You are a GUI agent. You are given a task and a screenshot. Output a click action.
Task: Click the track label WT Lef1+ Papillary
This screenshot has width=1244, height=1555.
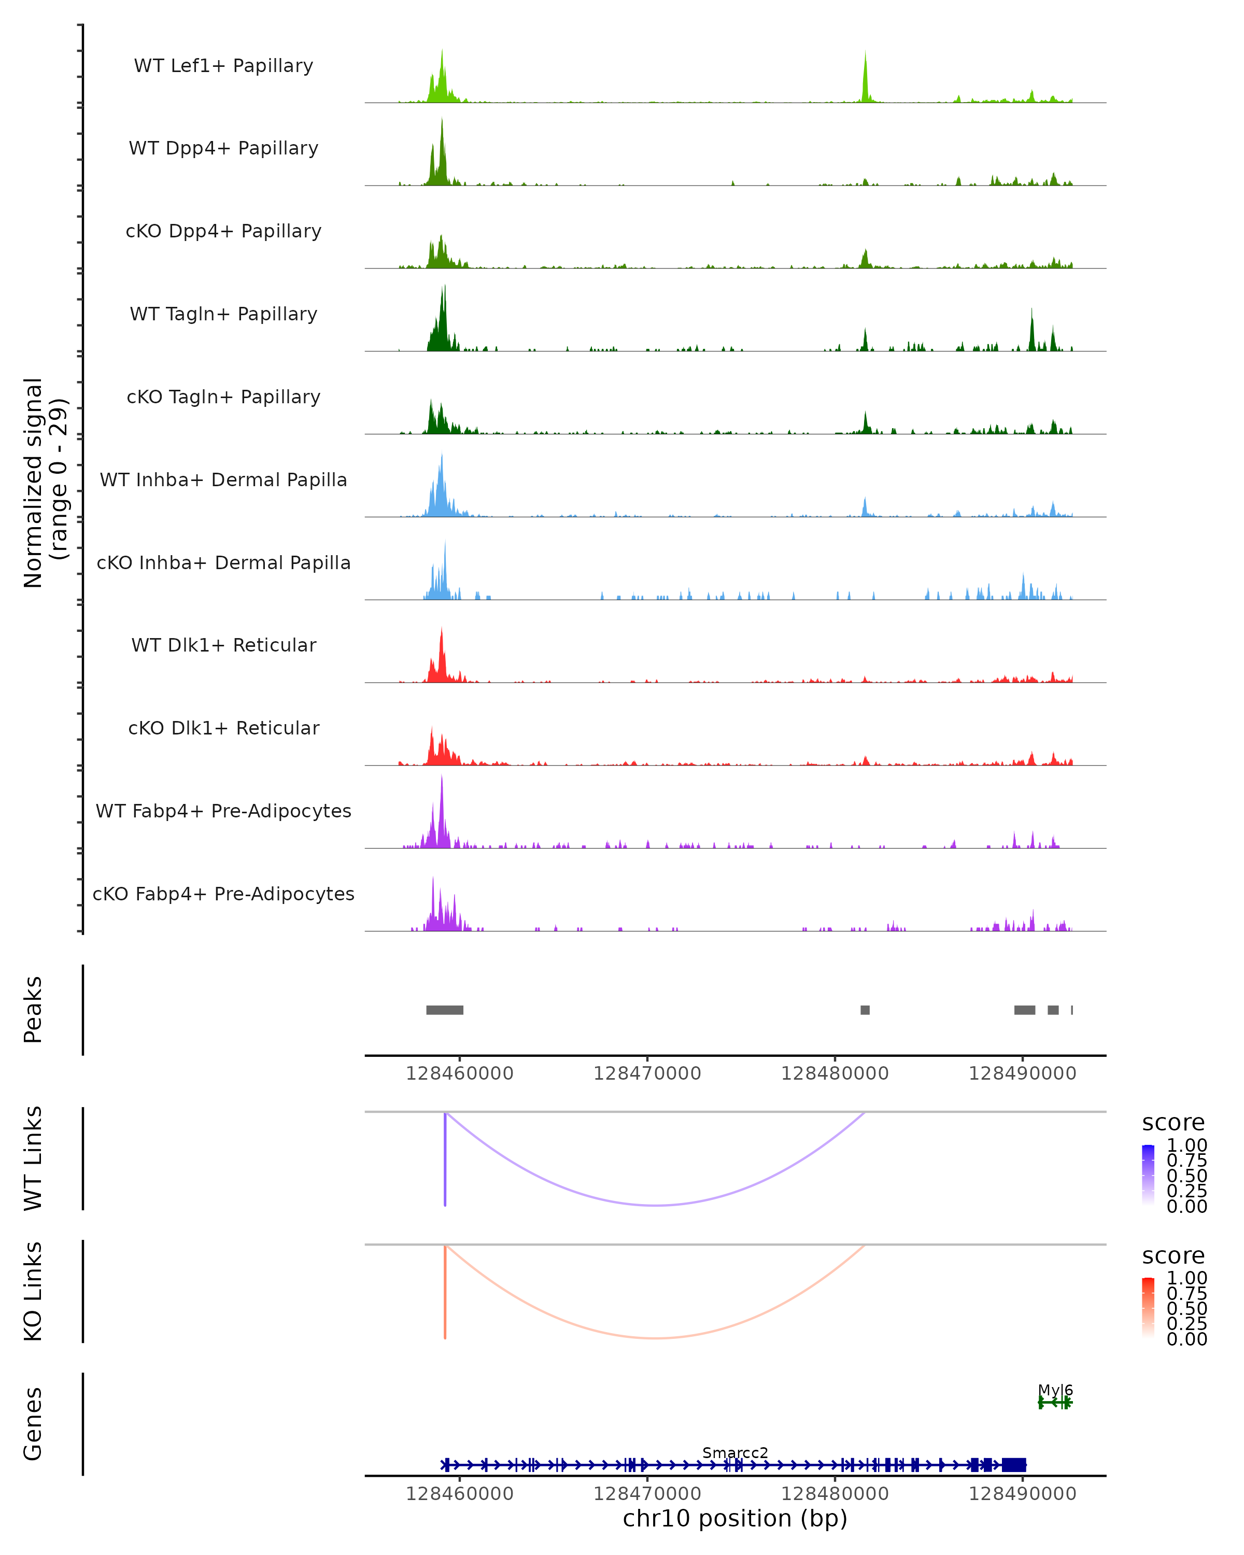click(223, 66)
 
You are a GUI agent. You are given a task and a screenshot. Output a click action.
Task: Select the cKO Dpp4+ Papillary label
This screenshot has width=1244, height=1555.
click(223, 232)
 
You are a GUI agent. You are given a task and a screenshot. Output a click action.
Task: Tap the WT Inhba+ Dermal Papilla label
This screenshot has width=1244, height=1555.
click(223, 480)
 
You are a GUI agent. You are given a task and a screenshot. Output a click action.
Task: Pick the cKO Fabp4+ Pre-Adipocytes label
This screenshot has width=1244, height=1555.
click(223, 894)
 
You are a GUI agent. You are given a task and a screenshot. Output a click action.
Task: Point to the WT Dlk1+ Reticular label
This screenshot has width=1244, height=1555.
click(223, 645)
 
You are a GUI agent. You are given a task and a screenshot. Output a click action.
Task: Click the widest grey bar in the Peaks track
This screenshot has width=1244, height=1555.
click(445, 1010)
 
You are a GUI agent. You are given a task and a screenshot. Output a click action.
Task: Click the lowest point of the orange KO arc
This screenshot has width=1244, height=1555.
click(654, 1338)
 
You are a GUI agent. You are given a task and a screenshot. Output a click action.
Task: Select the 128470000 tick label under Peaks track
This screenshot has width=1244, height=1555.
click(647, 1074)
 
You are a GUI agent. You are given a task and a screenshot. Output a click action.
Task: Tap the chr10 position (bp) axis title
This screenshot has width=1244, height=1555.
click(735, 1519)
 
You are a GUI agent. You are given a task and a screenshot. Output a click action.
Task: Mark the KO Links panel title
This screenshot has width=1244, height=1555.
click(33, 1291)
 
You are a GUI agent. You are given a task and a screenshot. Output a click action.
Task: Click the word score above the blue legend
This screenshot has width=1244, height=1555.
click(1174, 1123)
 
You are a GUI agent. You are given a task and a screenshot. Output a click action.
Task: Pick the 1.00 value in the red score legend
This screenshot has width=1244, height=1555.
click(1187, 1278)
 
